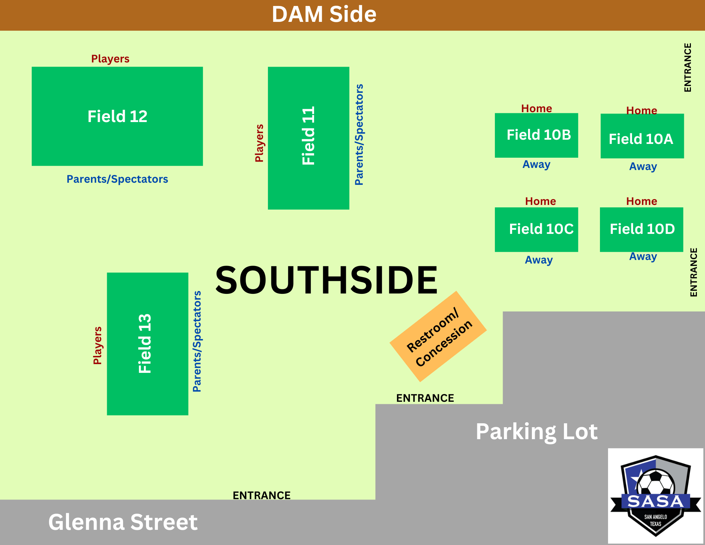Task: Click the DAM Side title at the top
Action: [324, 14]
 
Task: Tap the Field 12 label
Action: [117, 116]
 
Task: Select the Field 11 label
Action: [308, 136]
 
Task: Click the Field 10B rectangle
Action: [536, 135]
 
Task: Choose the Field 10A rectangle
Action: [642, 136]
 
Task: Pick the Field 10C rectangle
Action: [536, 229]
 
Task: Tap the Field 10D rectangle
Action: [641, 229]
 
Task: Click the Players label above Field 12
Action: [110, 59]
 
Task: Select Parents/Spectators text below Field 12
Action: [117, 179]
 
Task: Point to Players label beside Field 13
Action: [97, 345]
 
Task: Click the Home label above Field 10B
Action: [537, 108]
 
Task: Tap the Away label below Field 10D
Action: [643, 256]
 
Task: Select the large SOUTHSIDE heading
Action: [326, 280]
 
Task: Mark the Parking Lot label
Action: [537, 431]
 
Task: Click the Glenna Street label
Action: [123, 522]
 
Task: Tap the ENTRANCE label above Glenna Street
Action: [262, 495]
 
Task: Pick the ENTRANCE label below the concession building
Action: [425, 398]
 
